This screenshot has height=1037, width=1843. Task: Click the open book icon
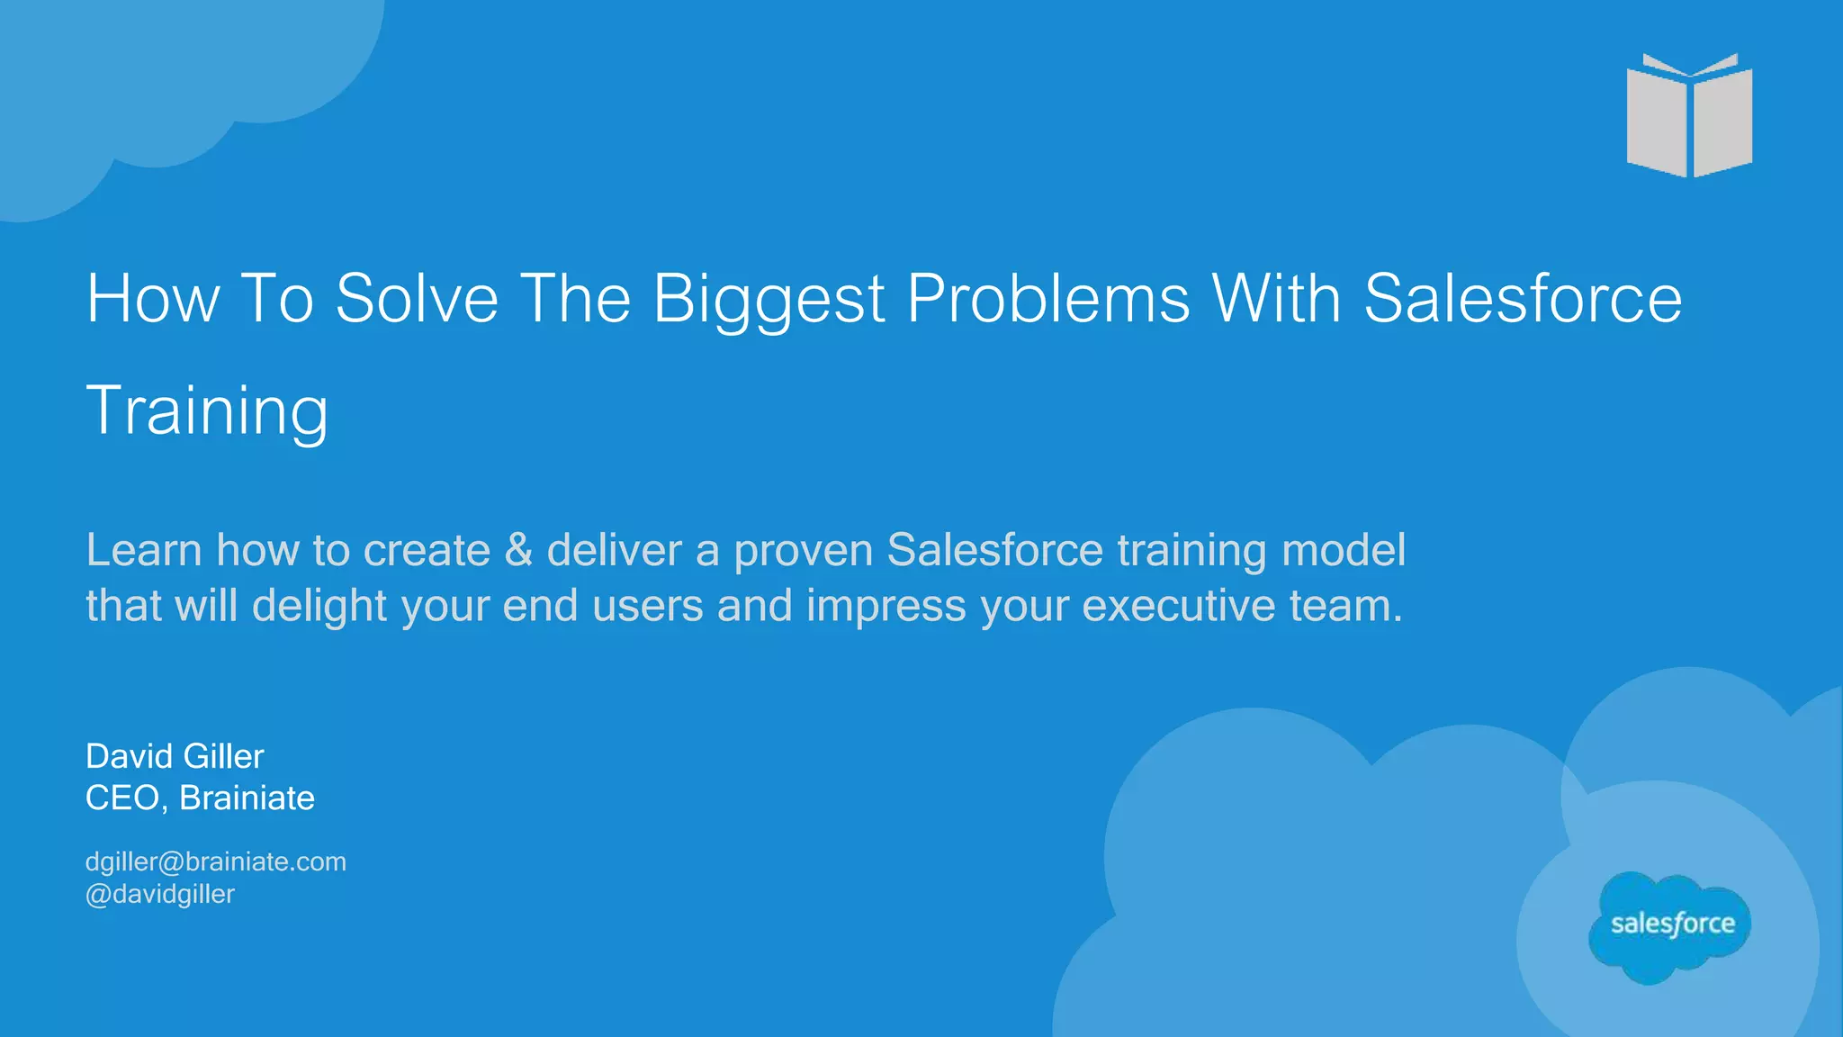(x=1689, y=116)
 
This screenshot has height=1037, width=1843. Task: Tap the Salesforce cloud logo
(x=1671, y=925)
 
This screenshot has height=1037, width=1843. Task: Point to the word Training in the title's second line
(x=207, y=411)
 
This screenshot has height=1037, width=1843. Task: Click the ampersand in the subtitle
(x=518, y=550)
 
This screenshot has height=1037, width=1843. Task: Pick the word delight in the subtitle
(x=319, y=607)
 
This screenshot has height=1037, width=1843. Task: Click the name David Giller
(x=175, y=757)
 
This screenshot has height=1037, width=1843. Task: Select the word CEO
(x=122, y=798)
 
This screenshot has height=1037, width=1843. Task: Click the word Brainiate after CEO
(x=247, y=798)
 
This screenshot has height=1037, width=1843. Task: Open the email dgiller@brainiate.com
(x=215, y=862)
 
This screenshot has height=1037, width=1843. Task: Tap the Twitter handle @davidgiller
(x=159, y=895)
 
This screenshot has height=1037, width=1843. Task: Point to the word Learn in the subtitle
(x=143, y=550)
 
